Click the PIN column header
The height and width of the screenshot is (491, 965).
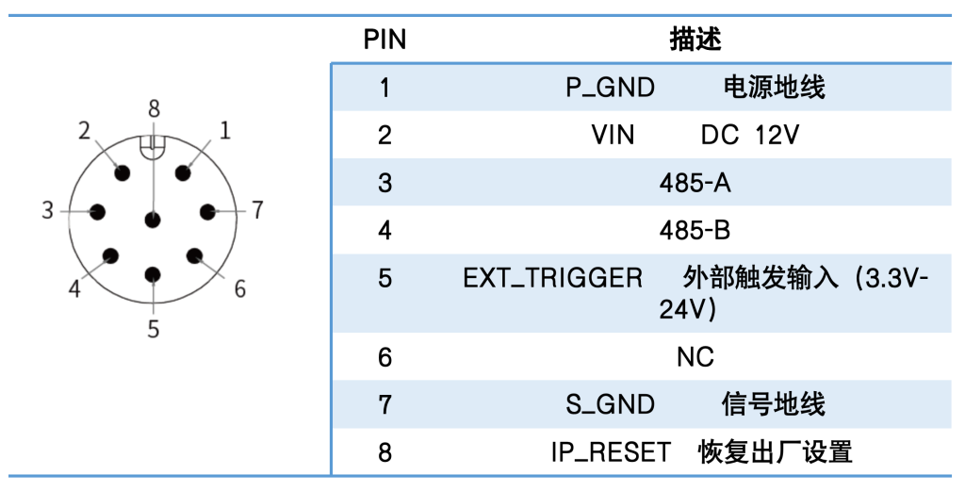tap(384, 40)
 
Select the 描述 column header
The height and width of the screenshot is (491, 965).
tap(695, 40)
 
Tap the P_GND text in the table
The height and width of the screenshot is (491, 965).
tap(610, 88)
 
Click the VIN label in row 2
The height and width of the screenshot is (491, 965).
tap(613, 135)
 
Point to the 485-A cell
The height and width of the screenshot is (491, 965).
tap(695, 183)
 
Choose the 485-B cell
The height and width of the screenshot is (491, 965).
tap(695, 230)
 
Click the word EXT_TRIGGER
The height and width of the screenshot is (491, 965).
tap(552, 278)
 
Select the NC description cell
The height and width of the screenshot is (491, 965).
tap(695, 357)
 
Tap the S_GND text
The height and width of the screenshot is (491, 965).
tap(610, 405)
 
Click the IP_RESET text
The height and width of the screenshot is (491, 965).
tap(610, 453)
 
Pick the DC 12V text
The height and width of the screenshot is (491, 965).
tap(749, 135)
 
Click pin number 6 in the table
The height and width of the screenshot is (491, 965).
tap(384, 357)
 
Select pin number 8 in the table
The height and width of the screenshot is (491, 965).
tap(384, 453)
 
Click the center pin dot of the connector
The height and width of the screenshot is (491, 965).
tap(153, 220)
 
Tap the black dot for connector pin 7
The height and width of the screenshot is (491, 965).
tap(207, 212)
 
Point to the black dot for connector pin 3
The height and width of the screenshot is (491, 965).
tap(97, 212)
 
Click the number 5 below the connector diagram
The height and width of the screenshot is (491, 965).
tap(154, 329)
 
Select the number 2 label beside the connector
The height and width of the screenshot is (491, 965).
tap(84, 130)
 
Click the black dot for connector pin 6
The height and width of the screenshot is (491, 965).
tap(194, 256)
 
